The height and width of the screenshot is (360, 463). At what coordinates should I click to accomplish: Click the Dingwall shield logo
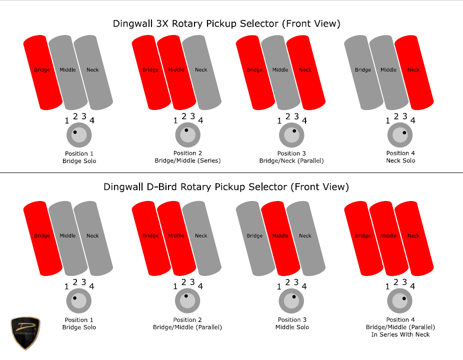25,333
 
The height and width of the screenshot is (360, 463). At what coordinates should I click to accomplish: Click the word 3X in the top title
162,23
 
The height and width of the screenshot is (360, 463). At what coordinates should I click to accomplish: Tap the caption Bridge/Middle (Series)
188,160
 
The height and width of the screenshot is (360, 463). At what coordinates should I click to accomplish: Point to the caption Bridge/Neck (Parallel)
291,161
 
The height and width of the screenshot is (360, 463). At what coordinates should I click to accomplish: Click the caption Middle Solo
292,327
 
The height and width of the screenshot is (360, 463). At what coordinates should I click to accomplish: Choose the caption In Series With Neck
400,334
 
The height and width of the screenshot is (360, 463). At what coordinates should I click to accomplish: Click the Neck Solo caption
400,160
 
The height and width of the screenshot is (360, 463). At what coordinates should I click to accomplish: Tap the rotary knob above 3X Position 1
79,135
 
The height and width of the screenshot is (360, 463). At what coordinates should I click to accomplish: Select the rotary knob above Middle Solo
291,301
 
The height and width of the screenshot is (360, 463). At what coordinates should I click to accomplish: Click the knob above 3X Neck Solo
400,135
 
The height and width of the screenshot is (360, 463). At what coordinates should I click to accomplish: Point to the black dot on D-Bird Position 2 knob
186,296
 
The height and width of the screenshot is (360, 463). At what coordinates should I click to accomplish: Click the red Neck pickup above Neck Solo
414,72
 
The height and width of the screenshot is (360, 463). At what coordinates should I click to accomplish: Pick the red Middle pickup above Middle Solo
281,238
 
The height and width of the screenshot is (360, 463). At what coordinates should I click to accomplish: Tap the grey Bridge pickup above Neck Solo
364,72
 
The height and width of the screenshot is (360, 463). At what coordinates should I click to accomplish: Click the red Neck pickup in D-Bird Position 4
414,238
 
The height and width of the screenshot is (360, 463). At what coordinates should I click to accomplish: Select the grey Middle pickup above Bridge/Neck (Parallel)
281,72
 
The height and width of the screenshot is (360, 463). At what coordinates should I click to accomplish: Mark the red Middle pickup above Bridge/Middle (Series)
176,72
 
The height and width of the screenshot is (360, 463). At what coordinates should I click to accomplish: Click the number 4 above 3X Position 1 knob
92,120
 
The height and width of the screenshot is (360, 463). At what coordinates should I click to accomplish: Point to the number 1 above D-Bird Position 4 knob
387,286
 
